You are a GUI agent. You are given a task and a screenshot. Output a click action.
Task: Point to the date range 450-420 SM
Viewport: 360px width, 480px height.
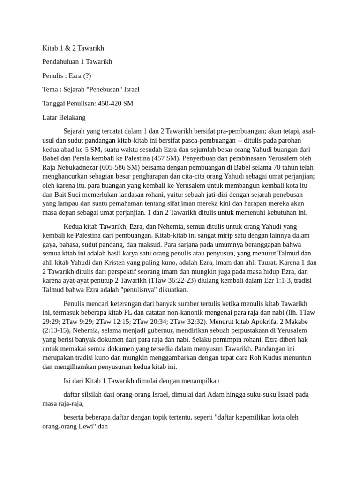tap(115, 103)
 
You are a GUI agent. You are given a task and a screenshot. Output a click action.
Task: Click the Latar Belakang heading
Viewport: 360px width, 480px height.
tap(64, 117)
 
